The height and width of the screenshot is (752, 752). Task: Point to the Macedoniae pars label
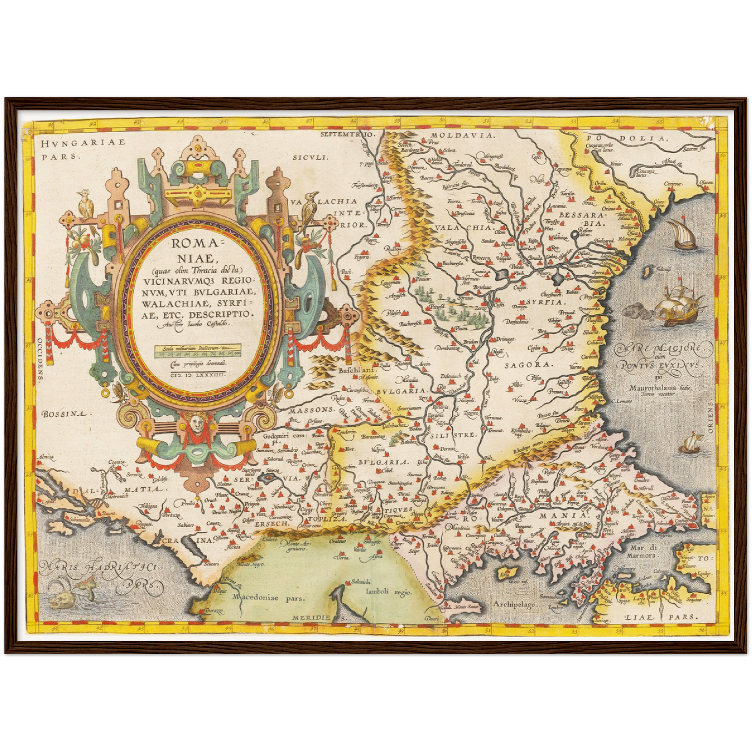[268, 598]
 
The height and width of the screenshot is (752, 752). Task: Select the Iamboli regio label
[389, 592]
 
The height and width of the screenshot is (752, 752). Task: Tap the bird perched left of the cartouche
[85, 204]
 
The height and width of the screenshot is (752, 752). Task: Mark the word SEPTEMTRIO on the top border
[347, 134]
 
